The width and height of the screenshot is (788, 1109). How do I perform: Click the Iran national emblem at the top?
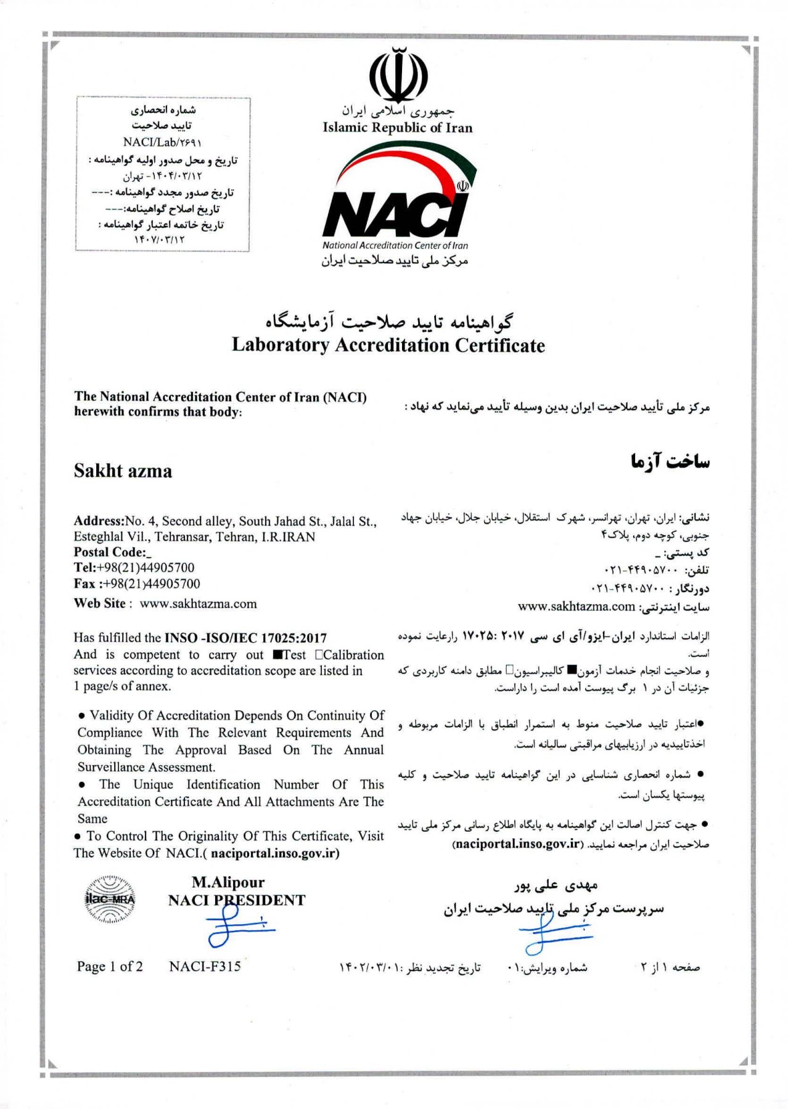[398, 75]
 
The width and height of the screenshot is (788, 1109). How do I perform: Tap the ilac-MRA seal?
[110, 899]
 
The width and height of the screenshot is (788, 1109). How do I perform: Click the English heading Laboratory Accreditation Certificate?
[388, 345]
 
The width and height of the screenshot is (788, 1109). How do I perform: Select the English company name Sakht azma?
[123, 471]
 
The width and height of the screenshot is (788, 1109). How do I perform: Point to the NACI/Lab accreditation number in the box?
[162, 142]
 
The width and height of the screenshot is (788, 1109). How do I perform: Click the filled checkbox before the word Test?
[277, 655]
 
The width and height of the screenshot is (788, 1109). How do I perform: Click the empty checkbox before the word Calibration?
[319, 655]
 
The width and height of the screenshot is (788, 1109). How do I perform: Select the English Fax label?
[84, 584]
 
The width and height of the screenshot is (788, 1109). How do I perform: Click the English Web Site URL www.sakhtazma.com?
[198, 604]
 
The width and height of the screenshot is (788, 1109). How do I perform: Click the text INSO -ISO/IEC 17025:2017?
[245, 638]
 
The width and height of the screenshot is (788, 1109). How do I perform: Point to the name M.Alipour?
[228, 882]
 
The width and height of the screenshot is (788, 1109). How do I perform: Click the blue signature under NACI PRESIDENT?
[237, 927]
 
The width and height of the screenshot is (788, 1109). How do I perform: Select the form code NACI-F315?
[205, 967]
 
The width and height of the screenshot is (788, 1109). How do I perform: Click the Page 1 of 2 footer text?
[110, 967]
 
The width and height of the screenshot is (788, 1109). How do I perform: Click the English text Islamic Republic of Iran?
[397, 128]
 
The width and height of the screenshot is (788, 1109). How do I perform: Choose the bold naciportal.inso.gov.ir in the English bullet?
[274, 853]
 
